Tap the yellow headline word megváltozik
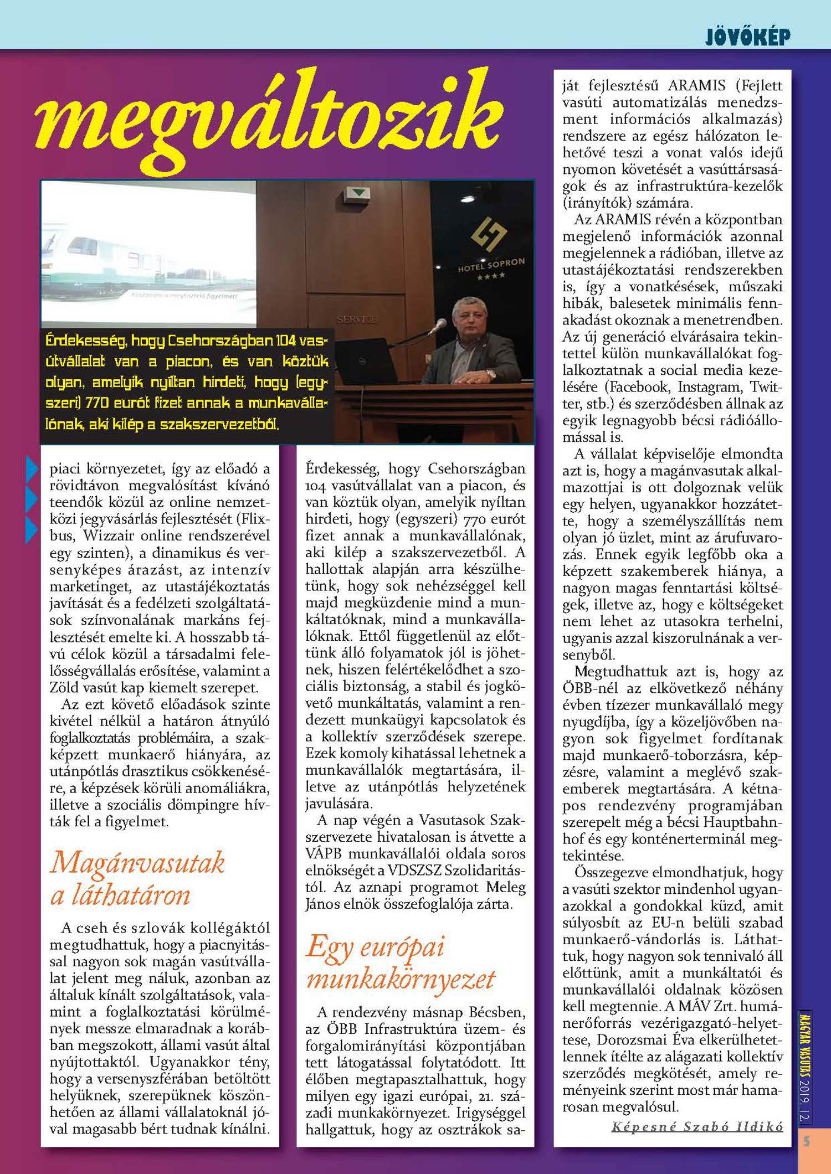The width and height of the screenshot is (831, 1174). coord(269,119)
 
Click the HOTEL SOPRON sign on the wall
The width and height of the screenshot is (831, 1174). coord(491,265)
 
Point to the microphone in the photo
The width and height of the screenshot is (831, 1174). coord(439,326)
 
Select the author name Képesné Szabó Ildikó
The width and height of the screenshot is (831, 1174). coord(697,1126)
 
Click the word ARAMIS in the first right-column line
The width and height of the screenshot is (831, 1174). coord(696,86)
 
